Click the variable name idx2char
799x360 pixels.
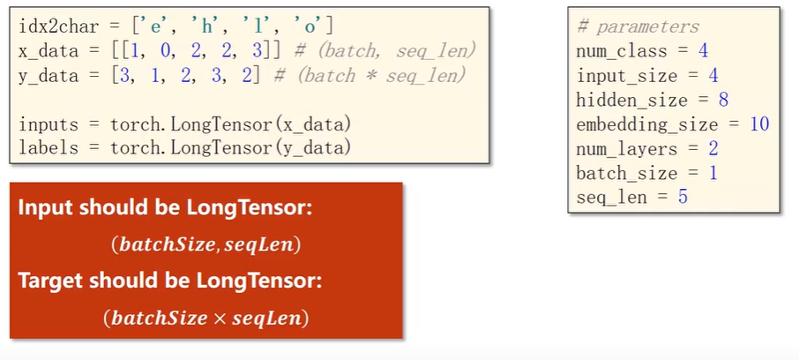click(x=58, y=26)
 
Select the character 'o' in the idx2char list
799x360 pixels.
click(x=310, y=26)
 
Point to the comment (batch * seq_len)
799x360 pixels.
click(x=370, y=76)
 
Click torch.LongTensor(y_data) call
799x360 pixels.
click(x=231, y=148)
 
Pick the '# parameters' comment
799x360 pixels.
click(x=638, y=27)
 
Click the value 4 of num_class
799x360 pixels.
click(x=703, y=51)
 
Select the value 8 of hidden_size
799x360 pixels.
click(x=723, y=100)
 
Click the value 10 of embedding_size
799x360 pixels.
click(x=759, y=124)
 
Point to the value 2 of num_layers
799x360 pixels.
click(x=713, y=148)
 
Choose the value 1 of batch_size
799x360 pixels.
click(x=713, y=173)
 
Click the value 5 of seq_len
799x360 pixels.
click(x=683, y=197)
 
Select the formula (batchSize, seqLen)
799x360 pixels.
click(x=205, y=245)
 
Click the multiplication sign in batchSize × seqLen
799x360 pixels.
click(x=220, y=319)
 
